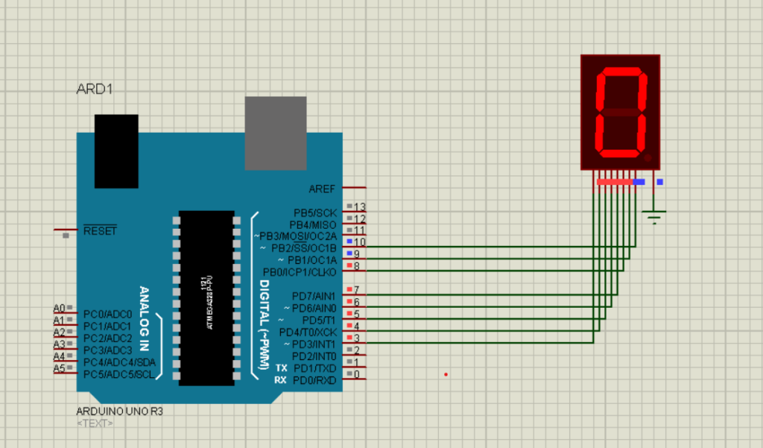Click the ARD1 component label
(95, 89)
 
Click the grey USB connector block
(276, 133)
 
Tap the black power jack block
(116, 151)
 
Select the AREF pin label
(322, 189)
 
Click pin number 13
(360, 207)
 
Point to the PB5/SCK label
(314, 213)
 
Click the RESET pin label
(100, 231)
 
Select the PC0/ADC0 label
(107, 314)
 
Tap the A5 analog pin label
(59, 368)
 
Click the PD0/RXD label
(314, 380)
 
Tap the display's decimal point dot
(648, 158)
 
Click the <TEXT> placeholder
(95, 423)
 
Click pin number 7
(357, 290)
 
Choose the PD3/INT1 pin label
(314, 344)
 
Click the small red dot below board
(446, 374)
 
